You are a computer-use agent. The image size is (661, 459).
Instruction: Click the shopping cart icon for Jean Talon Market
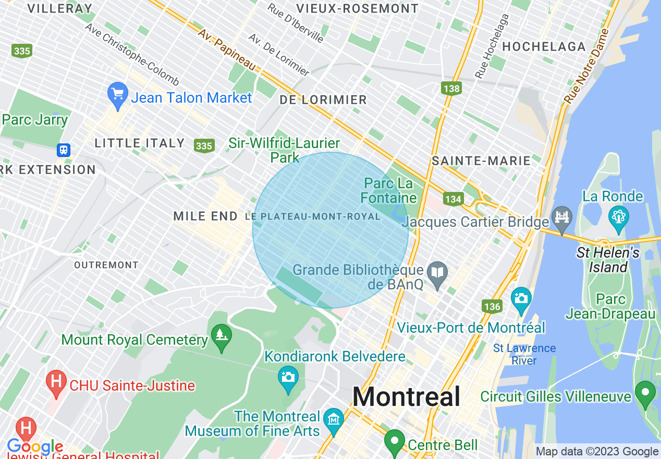coord(117,94)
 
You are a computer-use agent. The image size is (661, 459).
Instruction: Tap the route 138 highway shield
coord(451,88)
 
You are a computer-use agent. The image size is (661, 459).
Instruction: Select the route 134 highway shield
coord(453,199)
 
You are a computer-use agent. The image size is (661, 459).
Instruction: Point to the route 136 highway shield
coord(492,306)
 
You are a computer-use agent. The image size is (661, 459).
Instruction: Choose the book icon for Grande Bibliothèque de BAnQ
coord(437,273)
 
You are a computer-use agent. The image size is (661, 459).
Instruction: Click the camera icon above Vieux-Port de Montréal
coord(521,298)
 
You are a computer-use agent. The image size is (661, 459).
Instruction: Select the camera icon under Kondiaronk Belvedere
coord(288,376)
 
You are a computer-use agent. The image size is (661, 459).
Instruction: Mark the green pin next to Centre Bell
coord(395,441)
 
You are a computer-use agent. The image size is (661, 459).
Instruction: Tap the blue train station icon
coord(64,150)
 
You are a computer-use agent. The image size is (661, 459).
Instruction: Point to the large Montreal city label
coord(406,397)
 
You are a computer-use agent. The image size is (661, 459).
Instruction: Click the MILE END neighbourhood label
coord(205,216)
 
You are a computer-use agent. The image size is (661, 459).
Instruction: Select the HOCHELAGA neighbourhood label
coord(544,47)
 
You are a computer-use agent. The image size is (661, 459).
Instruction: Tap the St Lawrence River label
coord(524,354)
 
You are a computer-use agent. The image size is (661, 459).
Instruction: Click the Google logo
coord(35,447)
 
